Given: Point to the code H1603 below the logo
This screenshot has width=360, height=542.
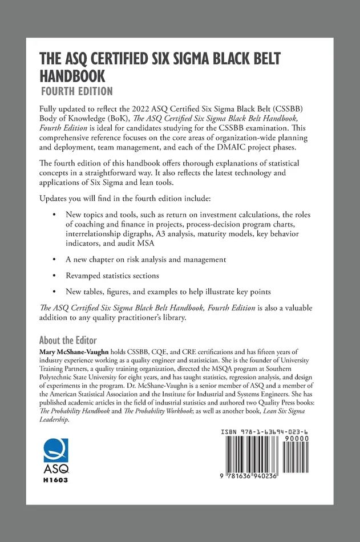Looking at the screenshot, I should click(56, 480).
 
